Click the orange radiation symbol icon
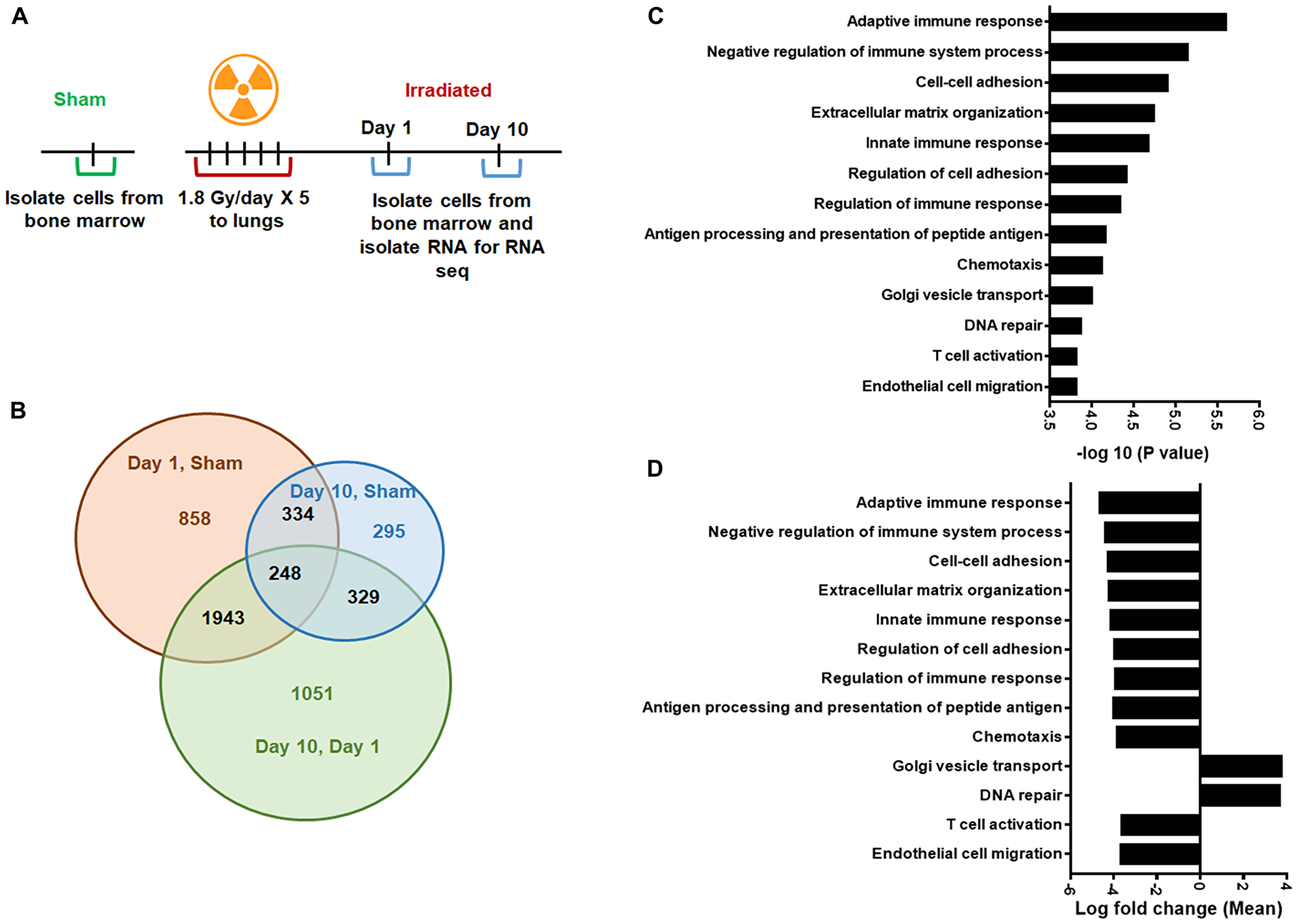point(243,89)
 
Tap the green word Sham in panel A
point(79,99)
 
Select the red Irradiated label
point(448,90)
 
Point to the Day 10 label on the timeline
point(497,129)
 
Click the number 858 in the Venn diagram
point(195,518)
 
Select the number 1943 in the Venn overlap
point(222,617)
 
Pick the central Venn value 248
point(285,573)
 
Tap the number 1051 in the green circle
point(311,693)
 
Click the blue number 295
point(388,531)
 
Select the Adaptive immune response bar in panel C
point(1137,22)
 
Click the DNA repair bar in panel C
point(1065,326)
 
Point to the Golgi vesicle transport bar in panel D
point(1241,766)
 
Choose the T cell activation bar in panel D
point(1160,825)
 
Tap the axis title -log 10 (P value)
point(1142,453)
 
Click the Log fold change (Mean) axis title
point(1178,908)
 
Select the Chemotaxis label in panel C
point(999,265)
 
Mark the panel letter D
point(654,469)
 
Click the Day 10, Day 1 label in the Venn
point(317,746)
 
